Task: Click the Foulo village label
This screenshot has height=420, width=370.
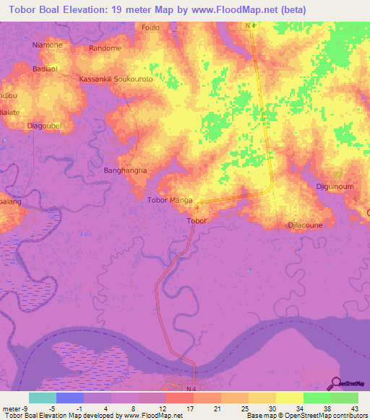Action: click(x=150, y=28)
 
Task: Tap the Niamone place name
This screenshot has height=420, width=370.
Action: click(x=48, y=45)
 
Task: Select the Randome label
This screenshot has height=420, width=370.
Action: click(x=105, y=48)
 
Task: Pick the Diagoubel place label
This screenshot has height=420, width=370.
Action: click(x=42, y=126)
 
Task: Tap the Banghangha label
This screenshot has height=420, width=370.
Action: click(x=125, y=171)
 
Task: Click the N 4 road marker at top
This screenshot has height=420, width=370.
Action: click(x=250, y=26)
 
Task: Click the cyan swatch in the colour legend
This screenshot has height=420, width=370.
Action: click(x=42, y=397)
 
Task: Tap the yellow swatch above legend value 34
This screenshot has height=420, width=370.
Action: click(x=289, y=397)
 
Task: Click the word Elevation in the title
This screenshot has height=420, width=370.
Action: click(x=85, y=10)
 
